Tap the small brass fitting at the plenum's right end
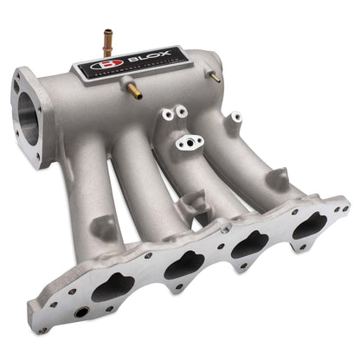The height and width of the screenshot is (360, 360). coord(214,77)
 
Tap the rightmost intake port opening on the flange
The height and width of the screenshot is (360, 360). coord(309,227)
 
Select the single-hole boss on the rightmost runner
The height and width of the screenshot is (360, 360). coord(235,117)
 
